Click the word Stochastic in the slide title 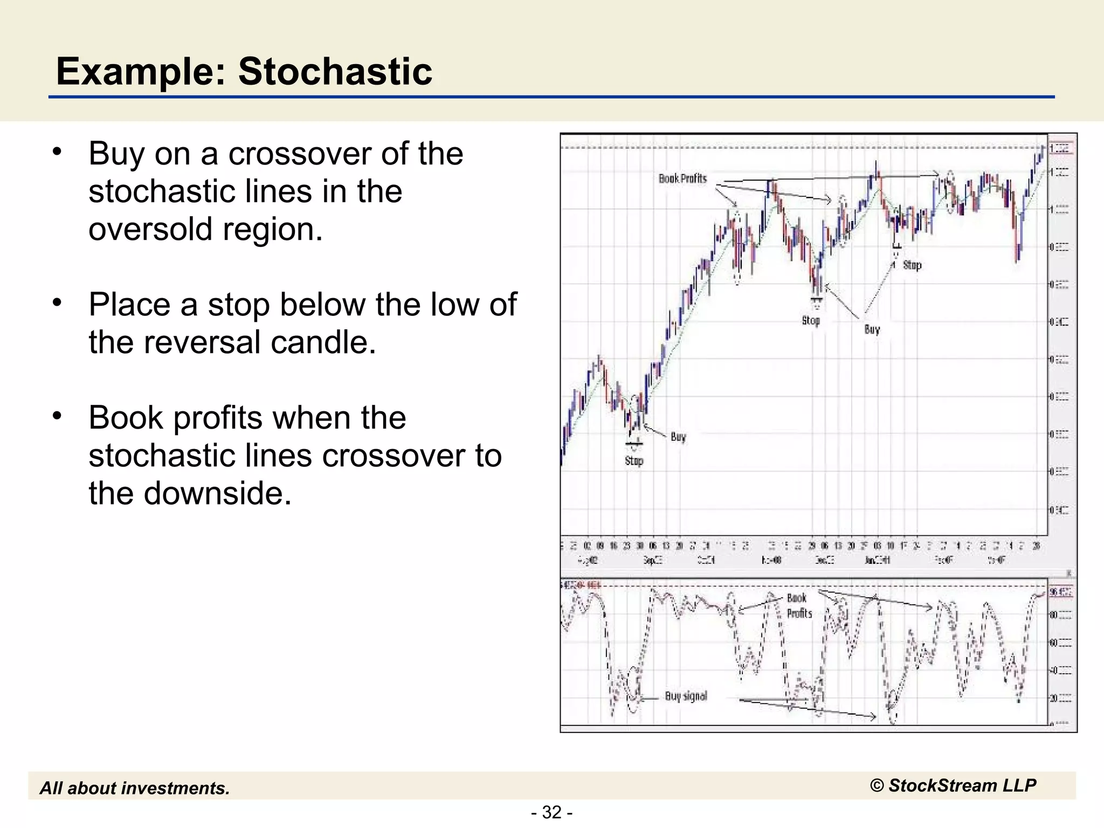pyautogui.click(x=335, y=72)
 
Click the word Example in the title pyautogui.click(x=141, y=72)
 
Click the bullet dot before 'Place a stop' pyautogui.click(x=58, y=303)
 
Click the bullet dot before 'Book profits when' pyautogui.click(x=58, y=416)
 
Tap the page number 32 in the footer pyautogui.click(x=551, y=812)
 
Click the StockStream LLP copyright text pyautogui.click(x=953, y=785)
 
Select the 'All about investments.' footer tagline pyautogui.click(x=135, y=788)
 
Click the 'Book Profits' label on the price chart pyautogui.click(x=682, y=178)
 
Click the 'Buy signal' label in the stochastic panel pyautogui.click(x=686, y=696)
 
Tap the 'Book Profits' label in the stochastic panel pyautogui.click(x=798, y=605)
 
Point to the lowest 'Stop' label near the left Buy pyautogui.click(x=634, y=461)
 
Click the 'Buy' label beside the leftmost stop pyautogui.click(x=678, y=437)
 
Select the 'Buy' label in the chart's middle pyautogui.click(x=872, y=329)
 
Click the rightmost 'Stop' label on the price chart pyautogui.click(x=912, y=265)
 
